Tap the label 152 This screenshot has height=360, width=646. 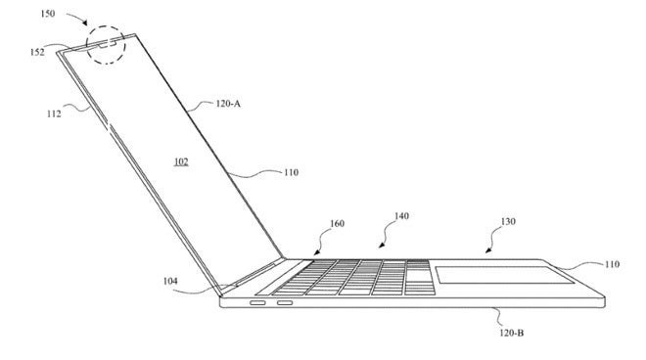click(x=37, y=52)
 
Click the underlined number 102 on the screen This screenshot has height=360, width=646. click(x=181, y=161)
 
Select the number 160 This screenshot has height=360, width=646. click(x=337, y=223)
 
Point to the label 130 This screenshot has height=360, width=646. click(x=507, y=221)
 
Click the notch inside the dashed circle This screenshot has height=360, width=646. click(x=107, y=42)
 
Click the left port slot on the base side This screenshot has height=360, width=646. click(x=257, y=303)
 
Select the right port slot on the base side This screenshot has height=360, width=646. click(x=286, y=303)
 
